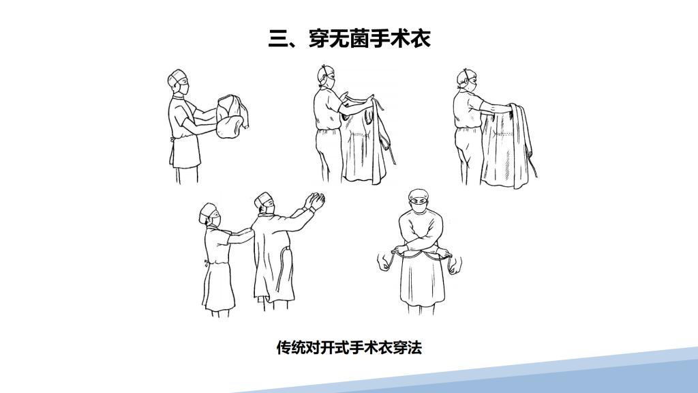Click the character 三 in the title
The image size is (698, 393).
[279, 38]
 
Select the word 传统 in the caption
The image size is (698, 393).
[291, 347]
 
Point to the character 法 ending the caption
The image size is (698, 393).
[414, 347]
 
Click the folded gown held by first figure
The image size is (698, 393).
[232, 117]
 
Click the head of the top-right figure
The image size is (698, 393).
[467, 80]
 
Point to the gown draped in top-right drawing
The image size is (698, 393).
[507, 145]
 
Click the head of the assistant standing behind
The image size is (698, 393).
[210, 215]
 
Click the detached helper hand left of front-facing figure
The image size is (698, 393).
[383, 262]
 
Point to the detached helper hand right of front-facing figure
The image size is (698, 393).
[454, 265]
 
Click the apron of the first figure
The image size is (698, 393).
[184, 152]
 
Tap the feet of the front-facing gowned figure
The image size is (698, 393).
[421, 309]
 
